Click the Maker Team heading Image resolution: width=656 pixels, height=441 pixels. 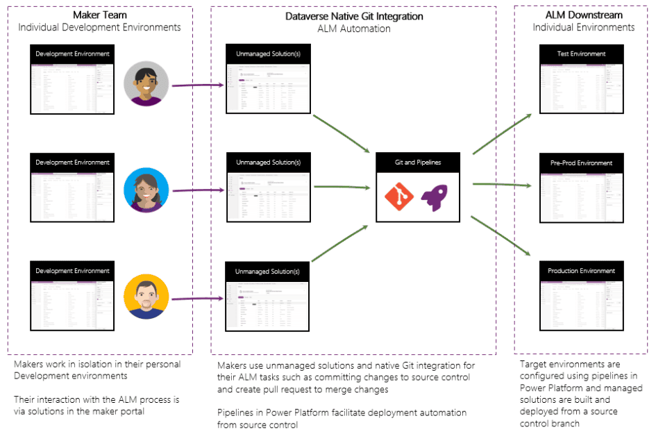pyautogui.click(x=100, y=15)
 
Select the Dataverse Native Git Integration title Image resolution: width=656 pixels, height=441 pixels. pyautogui.click(x=354, y=16)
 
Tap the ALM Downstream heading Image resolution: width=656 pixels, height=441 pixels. pyautogui.click(x=584, y=15)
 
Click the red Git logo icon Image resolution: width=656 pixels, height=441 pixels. pyautogui.click(x=399, y=197)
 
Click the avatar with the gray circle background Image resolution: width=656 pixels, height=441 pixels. pyautogui.click(x=146, y=85)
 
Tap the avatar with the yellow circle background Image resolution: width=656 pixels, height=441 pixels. pyautogui.click(x=146, y=297)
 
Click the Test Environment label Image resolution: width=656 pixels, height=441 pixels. pyautogui.click(x=582, y=54)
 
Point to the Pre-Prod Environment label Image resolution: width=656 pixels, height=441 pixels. pyautogui.click(x=582, y=163)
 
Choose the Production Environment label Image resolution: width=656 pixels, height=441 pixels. pyautogui.click(x=582, y=271)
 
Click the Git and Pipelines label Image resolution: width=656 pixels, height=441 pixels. pyautogui.click(x=417, y=163)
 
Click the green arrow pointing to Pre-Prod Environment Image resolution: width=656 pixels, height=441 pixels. pyautogui.click(x=502, y=185)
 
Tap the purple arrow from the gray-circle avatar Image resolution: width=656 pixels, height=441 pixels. pyautogui.click(x=198, y=85)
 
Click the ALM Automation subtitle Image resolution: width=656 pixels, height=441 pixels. pyautogui.click(x=354, y=29)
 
